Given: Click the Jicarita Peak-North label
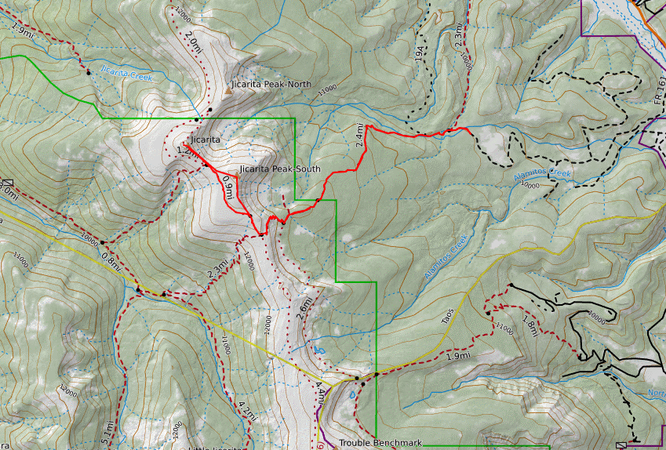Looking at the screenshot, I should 272,84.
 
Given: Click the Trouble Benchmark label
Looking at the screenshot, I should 380,443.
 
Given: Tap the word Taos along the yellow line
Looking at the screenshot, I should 448,316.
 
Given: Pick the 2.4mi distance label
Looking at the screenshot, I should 360,136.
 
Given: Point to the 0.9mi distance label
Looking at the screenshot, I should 228,188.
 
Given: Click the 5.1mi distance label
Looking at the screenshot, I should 109,432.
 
